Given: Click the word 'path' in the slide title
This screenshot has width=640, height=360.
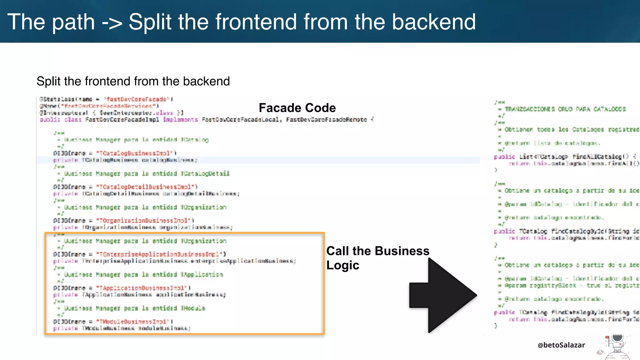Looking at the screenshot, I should click(x=73, y=22).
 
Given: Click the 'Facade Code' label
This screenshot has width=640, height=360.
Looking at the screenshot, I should click(x=297, y=108).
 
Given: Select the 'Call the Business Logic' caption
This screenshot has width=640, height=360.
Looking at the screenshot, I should click(x=377, y=258).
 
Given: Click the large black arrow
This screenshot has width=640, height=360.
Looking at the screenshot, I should click(x=443, y=295).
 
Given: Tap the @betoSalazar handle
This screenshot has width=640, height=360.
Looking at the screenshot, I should click(x=561, y=345).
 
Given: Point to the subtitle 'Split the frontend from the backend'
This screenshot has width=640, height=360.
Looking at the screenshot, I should click(x=133, y=81).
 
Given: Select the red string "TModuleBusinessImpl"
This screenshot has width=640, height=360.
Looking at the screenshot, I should click(x=133, y=322).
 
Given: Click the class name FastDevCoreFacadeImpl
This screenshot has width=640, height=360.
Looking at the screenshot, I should click(x=122, y=120).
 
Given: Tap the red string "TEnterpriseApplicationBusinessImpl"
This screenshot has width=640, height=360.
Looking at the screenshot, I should click(x=160, y=254).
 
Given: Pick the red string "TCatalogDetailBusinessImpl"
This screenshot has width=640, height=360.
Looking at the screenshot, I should click(x=146, y=187).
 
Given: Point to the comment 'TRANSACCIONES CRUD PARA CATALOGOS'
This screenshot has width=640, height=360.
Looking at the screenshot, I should click(x=565, y=109).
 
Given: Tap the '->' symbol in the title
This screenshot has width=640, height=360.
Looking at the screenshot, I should click(x=112, y=22).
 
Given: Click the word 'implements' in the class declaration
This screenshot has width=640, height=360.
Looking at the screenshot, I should click(x=180, y=120).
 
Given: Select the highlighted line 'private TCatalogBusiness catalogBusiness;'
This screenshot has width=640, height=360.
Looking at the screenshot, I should click(x=125, y=160).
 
